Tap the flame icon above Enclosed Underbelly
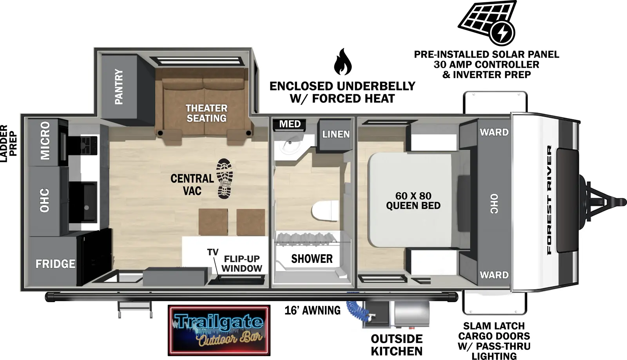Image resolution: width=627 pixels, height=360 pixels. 343,63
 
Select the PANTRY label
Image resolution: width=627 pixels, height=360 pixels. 119,87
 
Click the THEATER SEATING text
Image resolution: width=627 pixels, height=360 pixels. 207,113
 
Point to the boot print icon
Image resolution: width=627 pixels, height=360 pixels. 225,178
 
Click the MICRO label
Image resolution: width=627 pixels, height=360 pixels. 45,140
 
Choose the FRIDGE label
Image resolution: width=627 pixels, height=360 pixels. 55,264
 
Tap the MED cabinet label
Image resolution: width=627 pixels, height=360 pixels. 290,124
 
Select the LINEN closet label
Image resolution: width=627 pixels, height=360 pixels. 336,134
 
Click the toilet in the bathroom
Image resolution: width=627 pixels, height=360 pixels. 325,211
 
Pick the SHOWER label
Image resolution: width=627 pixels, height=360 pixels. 312,259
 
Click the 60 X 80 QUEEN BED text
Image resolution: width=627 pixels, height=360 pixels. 413,201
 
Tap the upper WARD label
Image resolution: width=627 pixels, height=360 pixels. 494,132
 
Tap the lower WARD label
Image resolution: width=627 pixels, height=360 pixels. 494,275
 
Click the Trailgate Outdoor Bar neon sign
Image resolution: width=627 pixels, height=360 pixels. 219,330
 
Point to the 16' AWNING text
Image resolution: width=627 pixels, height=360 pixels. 312,311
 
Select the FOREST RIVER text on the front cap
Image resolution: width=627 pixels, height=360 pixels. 549,200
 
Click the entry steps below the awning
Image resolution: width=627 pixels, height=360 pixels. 135,310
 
